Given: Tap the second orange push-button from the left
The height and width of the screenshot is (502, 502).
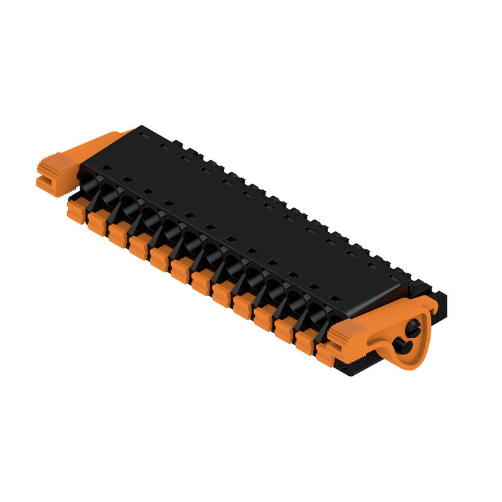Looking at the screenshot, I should pos(97,223).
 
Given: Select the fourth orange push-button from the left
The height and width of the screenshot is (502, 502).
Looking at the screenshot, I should pos(139,247).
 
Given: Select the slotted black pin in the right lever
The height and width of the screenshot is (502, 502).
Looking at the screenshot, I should pos(413,327).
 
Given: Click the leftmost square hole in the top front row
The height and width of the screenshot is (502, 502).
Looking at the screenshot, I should pos(106,168).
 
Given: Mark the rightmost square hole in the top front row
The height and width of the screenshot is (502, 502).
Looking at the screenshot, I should pos(335,298).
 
